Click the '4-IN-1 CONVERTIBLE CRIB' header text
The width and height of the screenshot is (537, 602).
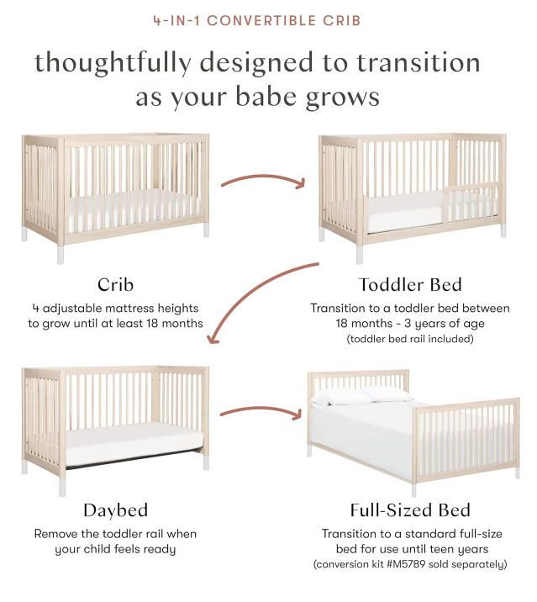pos(268,19)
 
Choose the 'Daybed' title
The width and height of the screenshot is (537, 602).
pos(116,510)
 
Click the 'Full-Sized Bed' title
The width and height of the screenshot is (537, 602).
pos(409,510)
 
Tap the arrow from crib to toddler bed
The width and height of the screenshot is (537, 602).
pos(262,180)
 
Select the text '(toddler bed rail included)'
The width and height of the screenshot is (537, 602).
pos(409,339)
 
